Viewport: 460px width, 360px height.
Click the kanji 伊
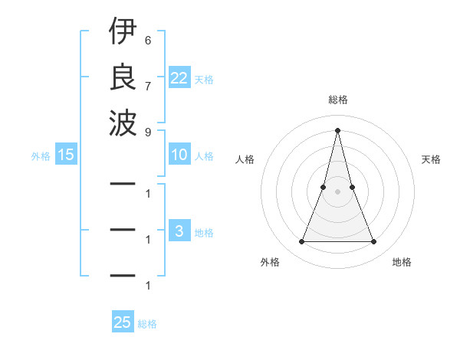[x=123, y=32]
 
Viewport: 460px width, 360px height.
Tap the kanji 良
[x=123, y=77]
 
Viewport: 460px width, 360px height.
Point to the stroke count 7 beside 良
[x=147, y=85]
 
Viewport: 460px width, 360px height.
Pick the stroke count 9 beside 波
[x=147, y=131]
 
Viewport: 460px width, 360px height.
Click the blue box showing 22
[x=179, y=77]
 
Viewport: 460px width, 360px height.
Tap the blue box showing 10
[x=179, y=155]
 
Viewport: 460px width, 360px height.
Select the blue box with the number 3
[x=179, y=231]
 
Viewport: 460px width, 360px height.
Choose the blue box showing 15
[x=66, y=155]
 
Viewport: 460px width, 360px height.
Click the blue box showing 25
[x=123, y=322]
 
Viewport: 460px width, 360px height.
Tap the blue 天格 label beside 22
[x=204, y=80]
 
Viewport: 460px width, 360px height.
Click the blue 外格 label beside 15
[x=41, y=156]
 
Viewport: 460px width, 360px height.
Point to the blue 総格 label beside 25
[x=147, y=325]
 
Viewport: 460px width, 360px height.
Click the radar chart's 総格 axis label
[x=337, y=100]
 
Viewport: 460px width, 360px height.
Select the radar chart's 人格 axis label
[x=245, y=159]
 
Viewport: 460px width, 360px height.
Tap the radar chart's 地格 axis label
[x=402, y=262]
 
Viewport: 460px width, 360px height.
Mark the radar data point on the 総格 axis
[x=337, y=129]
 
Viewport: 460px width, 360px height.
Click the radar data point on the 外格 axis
[x=301, y=242]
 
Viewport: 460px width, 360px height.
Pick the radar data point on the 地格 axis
[x=374, y=242]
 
